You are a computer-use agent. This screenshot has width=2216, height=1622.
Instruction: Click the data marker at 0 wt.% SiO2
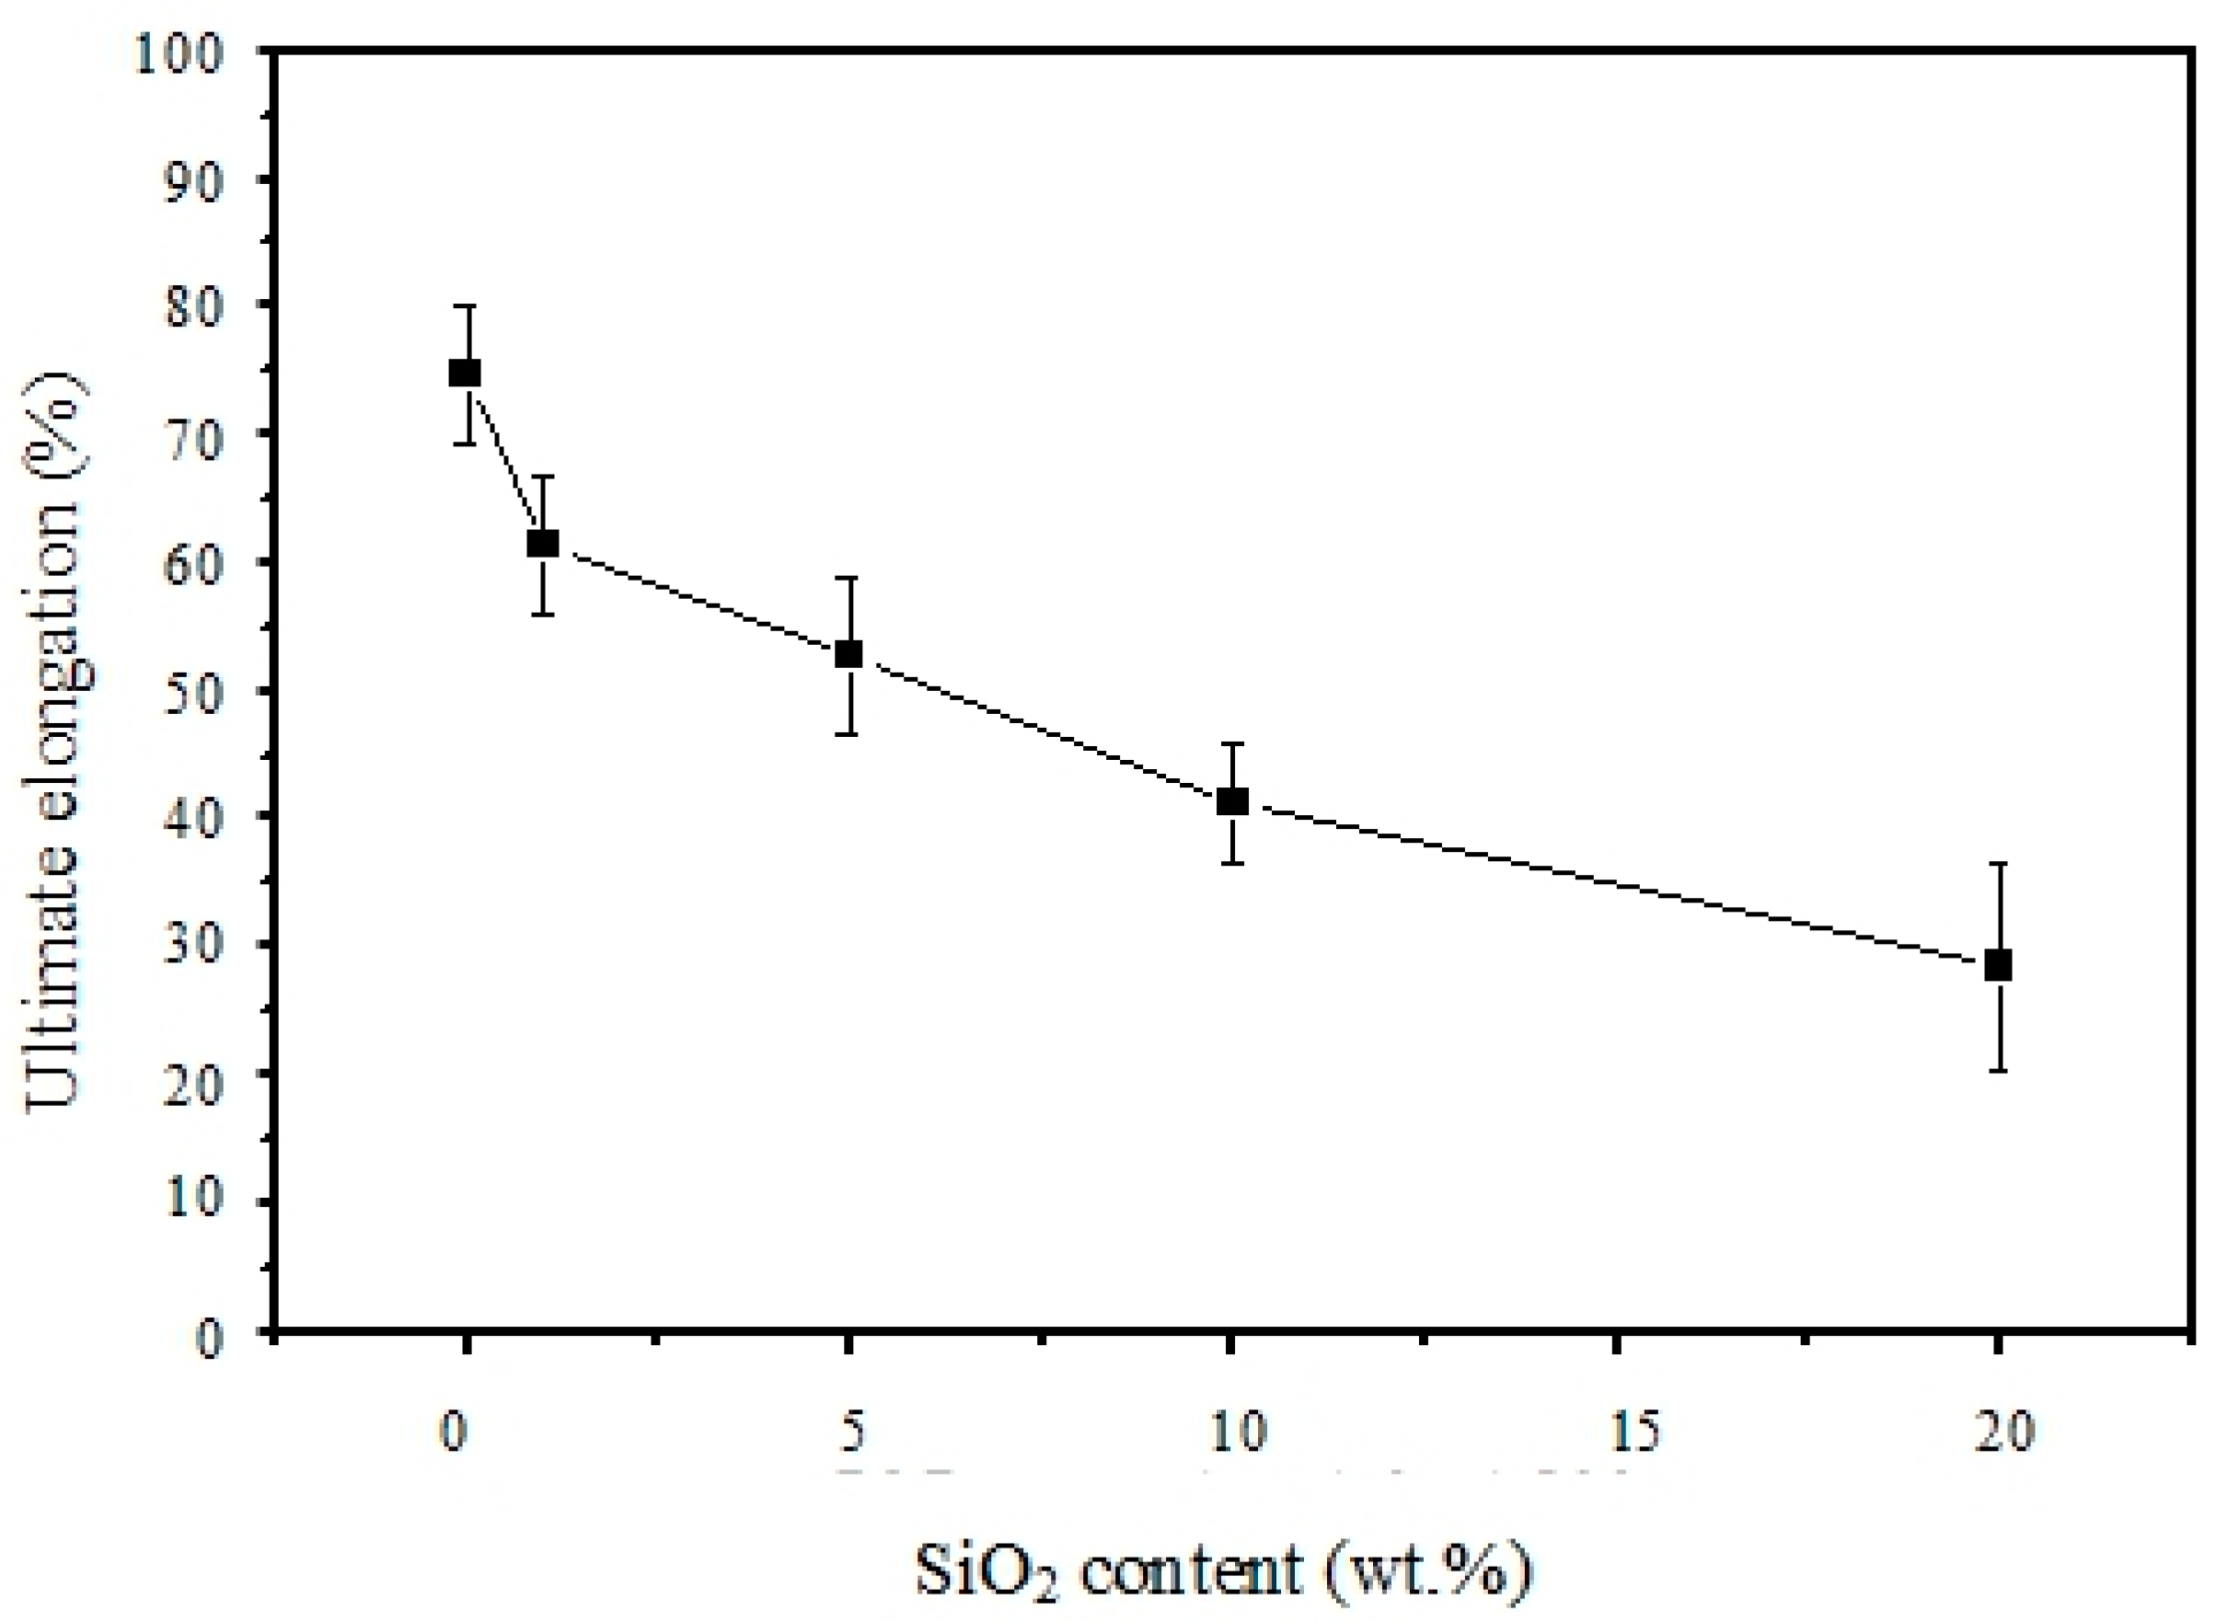(x=465, y=374)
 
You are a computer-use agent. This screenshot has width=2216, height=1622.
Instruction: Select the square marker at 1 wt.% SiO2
(x=543, y=544)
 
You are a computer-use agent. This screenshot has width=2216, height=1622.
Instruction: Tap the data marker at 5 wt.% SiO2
(x=848, y=654)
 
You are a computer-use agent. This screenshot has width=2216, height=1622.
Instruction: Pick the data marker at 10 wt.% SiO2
(x=1232, y=801)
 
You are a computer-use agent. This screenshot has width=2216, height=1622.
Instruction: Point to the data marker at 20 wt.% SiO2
(x=1998, y=966)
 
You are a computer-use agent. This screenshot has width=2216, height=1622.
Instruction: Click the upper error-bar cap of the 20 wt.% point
(x=1998, y=863)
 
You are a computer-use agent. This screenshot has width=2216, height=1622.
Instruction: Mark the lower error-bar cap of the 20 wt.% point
(x=1998, y=1070)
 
